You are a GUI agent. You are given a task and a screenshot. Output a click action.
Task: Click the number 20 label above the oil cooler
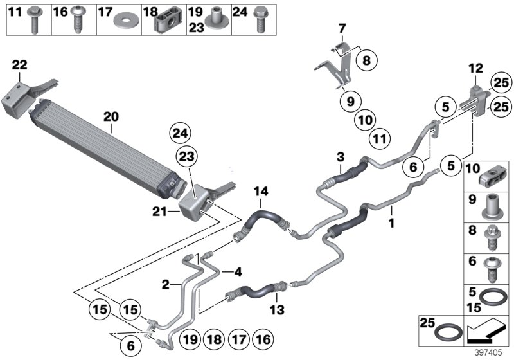tap(111, 117)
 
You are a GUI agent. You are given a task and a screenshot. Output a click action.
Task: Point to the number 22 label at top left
tap(20, 65)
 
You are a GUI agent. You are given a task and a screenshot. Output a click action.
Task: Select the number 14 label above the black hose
tap(261, 191)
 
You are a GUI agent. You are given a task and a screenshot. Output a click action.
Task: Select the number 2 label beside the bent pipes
tap(165, 283)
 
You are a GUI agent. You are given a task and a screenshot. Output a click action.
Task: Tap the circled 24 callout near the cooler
tap(181, 134)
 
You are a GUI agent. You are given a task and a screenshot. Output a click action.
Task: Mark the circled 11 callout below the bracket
tap(381, 137)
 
